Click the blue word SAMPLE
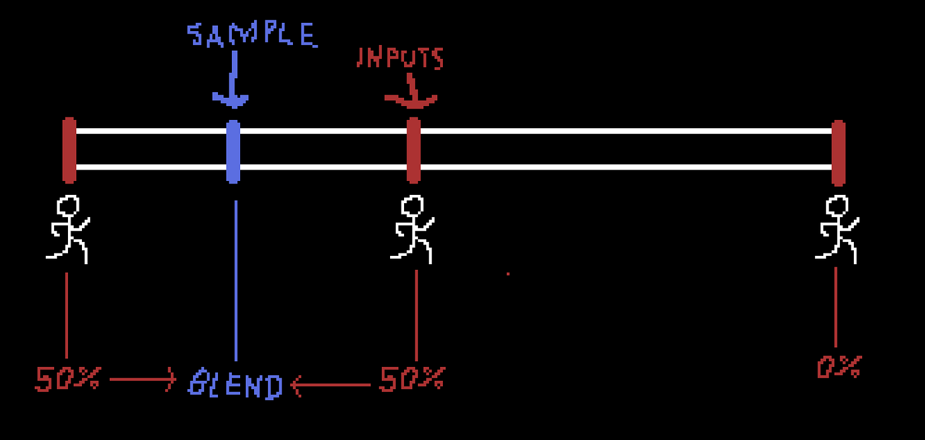252,34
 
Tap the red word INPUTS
400,58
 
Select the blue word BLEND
235,384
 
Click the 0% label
839,367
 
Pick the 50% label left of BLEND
67,379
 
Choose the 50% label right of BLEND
412,379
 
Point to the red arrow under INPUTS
411,92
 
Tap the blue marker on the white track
233,151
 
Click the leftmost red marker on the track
69,150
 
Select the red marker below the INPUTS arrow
414,150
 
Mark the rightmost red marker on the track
839,152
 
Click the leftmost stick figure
68,229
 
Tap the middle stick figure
412,229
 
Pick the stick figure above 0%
837,229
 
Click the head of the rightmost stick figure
837,206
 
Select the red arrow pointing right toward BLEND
142,380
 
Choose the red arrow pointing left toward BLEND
330,385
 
